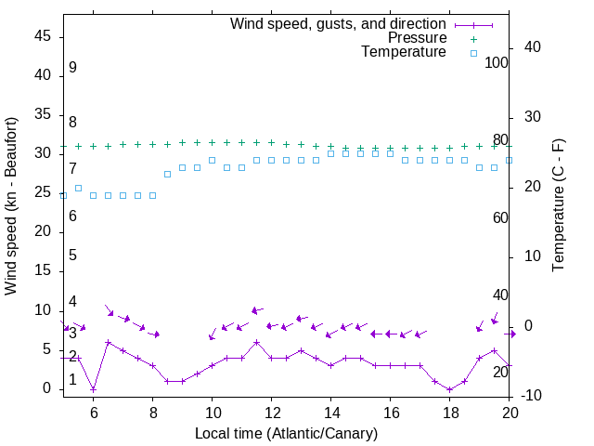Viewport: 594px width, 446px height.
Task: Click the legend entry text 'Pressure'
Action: pyautogui.click(x=417, y=38)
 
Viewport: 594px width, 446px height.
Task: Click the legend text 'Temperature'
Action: pyautogui.click(x=404, y=53)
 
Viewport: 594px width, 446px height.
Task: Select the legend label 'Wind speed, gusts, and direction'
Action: pyautogui.click(x=339, y=23)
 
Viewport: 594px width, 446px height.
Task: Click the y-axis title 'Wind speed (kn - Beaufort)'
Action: pyautogui.click(x=11, y=206)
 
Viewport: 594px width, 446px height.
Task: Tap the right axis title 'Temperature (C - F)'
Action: pyautogui.click(x=558, y=206)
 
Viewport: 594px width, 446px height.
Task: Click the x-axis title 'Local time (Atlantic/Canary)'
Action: pyautogui.click(x=286, y=433)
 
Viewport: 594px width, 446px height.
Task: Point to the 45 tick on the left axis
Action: pyautogui.click(x=43, y=35)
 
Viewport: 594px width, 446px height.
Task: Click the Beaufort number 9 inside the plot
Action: pyautogui.click(x=72, y=68)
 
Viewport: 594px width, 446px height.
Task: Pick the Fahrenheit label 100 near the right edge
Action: pyautogui.click(x=497, y=62)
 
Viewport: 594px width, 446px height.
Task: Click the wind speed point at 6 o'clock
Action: pyautogui.click(x=93, y=388)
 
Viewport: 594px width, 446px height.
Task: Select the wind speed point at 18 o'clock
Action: pyautogui.click(x=449, y=388)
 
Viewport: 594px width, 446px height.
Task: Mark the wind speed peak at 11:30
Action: pyautogui.click(x=256, y=342)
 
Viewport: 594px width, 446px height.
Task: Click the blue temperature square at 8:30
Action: pyautogui.click(x=167, y=174)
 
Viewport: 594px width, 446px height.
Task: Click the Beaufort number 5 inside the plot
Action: pyautogui.click(x=72, y=256)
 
